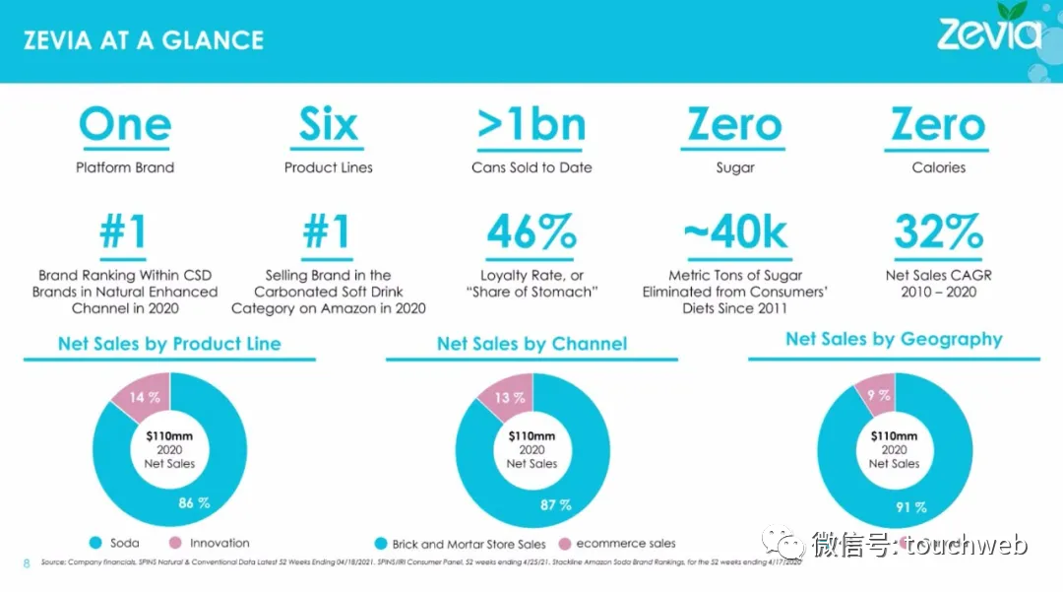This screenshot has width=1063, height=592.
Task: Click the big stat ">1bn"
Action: [x=531, y=125]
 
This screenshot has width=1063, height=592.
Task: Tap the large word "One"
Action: [x=125, y=125]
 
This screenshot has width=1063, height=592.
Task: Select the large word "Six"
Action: [x=328, y=125]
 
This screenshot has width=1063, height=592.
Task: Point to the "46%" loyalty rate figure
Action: [x=531, y=232]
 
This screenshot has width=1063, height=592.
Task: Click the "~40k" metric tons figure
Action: [x=735, y=232]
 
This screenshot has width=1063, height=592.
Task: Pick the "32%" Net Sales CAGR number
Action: [x=938, y=232]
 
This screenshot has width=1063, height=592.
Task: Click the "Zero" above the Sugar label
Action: [x=735, y=125]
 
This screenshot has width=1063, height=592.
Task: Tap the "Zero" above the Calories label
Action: [x=938, y=125]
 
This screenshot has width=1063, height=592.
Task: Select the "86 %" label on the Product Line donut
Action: [x=194, y=502]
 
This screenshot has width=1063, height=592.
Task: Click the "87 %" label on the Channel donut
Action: [x=556, y=504]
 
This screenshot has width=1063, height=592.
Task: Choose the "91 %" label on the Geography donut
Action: [x=910, y=507]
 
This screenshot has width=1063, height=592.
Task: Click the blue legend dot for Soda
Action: [x=96, y=543]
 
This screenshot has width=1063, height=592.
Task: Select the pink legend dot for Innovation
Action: [x=176, y=543]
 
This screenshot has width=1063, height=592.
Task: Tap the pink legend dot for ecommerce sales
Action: [x=565, y=544]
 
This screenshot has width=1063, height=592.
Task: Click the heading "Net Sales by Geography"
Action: [x=894, y=340]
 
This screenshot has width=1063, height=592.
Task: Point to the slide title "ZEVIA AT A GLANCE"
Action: [x=144, y=40]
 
